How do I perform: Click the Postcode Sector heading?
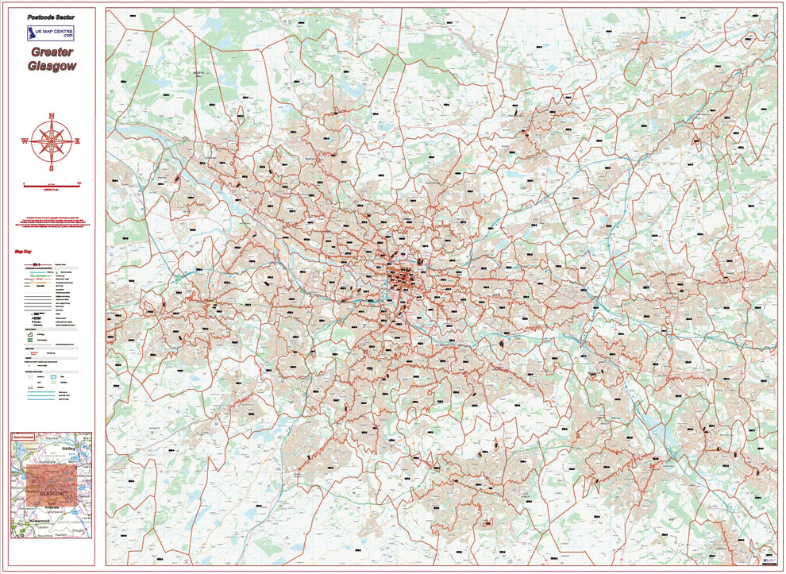(52, 16)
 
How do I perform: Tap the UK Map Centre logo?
(52, 33)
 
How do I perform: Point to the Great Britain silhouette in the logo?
(33, 33)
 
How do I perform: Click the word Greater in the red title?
(52, 52)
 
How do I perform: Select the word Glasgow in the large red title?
(52, 67)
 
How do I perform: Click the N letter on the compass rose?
(52, 117)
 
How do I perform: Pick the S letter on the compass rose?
(52, 168)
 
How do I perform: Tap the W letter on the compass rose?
(25, 141)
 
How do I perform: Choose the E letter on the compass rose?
(78, 141)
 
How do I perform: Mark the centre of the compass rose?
(52, 141)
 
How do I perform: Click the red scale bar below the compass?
(52, 184)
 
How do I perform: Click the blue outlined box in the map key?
(56, 376)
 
